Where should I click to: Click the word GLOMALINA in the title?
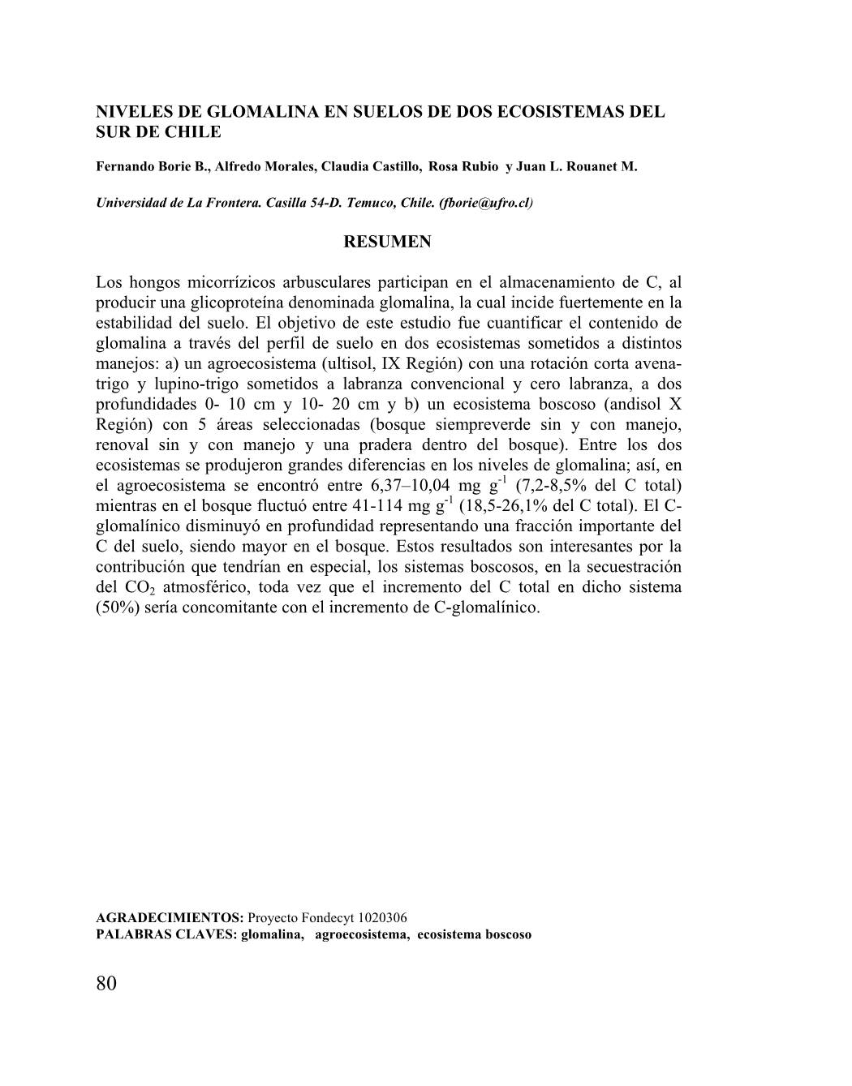pyautogui.click(x=266, y=112)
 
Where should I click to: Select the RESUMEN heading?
pyautogui.click(x=388, y=242)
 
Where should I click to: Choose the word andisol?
pyautogui.click(x=630, y=404)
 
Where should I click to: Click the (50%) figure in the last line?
pyautogui.click(x=117, y=607)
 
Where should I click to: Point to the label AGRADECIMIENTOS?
pyautogui.click(x=170, y=917)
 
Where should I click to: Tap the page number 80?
pyautogui.click(x=106, y=983)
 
